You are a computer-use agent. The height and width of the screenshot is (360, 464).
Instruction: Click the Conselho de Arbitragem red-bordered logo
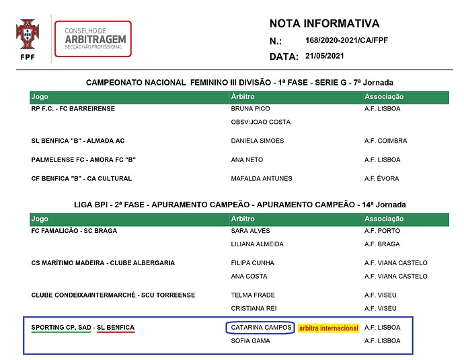pos(93,39)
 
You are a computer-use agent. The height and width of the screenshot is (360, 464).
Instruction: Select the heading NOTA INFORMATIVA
pos(324,24)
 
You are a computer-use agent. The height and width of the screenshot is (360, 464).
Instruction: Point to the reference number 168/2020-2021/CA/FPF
pos(346,40)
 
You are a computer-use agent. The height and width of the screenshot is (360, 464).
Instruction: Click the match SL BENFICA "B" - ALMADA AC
pos(78,141)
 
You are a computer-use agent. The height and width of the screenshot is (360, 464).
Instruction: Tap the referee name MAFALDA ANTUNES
pos(262,178)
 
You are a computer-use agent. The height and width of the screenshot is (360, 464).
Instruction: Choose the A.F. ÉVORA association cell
pos(381,178)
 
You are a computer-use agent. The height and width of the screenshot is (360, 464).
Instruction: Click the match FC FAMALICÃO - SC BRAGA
pos(74,231)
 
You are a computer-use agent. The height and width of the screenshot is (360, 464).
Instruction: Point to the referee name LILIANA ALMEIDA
pos(257,244)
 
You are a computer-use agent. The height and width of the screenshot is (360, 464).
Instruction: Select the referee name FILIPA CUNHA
pos(253,263)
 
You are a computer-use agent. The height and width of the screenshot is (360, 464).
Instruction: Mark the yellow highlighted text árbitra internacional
pos(328,328)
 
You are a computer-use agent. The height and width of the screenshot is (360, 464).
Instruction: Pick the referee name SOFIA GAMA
pos(250,340)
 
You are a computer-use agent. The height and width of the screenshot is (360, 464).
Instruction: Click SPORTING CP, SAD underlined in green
pos(61,328)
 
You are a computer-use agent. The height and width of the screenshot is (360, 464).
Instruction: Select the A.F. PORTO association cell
pos(382,231)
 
